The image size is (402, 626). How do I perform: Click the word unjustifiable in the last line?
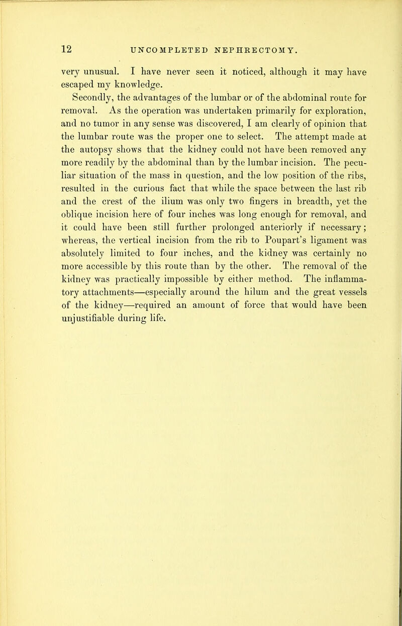click(x=93, y=321)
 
